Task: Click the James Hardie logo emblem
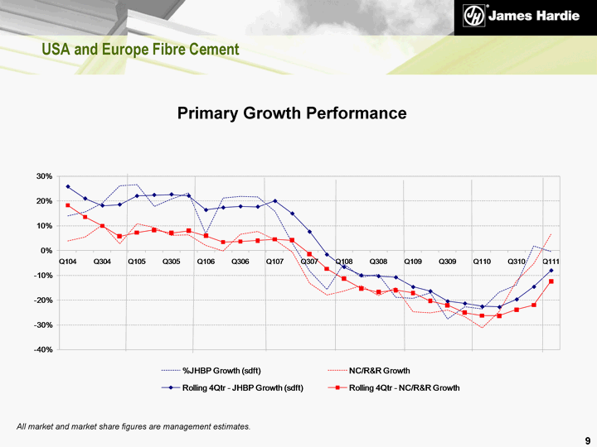(473, 17)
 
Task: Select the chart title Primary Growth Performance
(292, 113)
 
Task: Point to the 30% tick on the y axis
(44, 176)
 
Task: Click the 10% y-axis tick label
(44, 226)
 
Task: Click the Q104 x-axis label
(68, 262)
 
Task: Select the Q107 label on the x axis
(275, 262)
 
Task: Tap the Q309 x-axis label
(448, 262)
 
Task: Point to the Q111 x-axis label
(551, 262)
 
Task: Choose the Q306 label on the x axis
(240, 262)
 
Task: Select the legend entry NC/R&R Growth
(380, 369)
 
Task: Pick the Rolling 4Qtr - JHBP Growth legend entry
(242, 387)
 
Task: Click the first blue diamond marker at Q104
(68, 186)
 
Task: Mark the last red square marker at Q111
(551, 282)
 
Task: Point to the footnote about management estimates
(133, 425)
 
